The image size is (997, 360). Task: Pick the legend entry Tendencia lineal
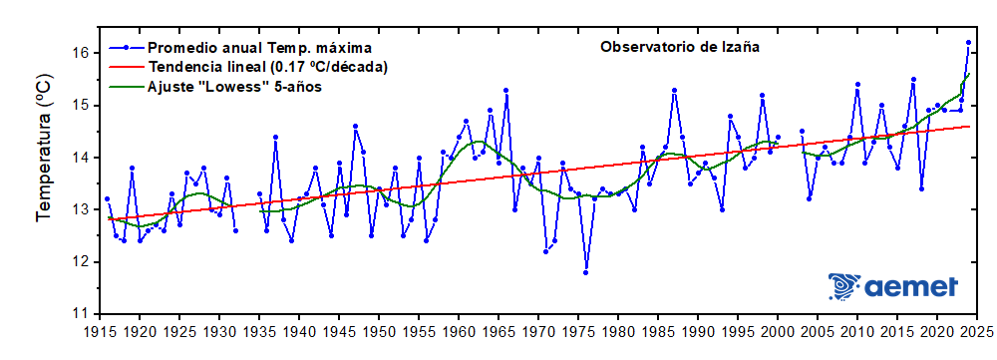point(267,67)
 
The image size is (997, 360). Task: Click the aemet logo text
point(911,286)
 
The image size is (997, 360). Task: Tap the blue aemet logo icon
point(843,286)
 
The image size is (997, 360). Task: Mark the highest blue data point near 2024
point(968,43)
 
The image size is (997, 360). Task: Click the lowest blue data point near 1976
point(586,272)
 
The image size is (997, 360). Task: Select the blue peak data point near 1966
point(506,90)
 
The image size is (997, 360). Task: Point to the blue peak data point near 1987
point(674,90)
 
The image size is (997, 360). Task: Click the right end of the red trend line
point(968,126)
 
